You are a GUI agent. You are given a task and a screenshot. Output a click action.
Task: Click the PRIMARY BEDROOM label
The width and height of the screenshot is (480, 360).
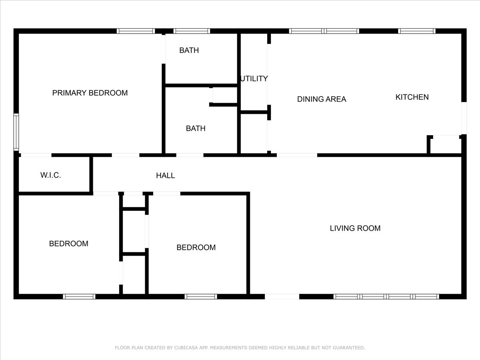[x=90, y=93]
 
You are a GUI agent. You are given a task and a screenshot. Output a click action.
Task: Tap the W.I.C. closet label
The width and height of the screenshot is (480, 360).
[x=50, y=175]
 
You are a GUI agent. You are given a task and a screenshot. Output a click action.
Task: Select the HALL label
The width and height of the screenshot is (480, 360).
[x=165, y=176]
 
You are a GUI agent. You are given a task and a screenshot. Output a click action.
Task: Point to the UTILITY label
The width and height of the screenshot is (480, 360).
[x=254, y=78]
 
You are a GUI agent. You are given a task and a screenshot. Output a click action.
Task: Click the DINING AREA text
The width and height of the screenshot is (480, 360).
[x=322, y=99]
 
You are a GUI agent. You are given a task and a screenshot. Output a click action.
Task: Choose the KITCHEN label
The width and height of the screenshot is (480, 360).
[x=412, y=97]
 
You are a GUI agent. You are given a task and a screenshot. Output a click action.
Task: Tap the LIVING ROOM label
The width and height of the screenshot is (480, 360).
[x=355, y=228]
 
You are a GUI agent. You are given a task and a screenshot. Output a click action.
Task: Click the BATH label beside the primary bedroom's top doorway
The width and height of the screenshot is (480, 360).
[x=189, y=50]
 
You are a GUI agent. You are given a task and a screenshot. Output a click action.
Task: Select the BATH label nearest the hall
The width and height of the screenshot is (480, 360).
[x=196, y=128]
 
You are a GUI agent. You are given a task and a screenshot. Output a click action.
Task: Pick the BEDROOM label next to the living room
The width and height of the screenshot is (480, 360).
[x=196, y=248]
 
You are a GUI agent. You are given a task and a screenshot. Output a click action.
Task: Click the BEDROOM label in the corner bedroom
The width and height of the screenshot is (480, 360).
[x=69, y=244]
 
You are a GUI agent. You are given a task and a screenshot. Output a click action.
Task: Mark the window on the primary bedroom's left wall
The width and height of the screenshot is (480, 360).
[x=16, y=132]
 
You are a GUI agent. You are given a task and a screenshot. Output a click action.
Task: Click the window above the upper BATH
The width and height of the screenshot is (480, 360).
[x=192, y=31]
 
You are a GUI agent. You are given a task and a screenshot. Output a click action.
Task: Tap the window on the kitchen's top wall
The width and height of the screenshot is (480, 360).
[x=416, y=31]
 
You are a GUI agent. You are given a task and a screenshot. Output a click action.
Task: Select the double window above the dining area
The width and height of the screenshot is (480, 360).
[x=324, y=31]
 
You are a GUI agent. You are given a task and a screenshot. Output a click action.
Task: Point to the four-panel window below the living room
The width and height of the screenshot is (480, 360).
[x=386, y=297]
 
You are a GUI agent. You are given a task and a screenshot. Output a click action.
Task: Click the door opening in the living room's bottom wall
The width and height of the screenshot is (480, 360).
[x=282, y=297]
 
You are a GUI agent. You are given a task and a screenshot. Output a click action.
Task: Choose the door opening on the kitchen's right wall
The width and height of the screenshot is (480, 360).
[x=464, y=118]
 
